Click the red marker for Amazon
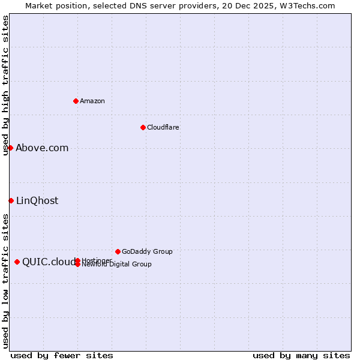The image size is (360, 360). (x=76, y=101)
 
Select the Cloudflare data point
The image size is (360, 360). (x=143, y=127)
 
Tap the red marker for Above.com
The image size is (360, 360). (x=10, y=148)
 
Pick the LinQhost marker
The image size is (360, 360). (x=11, y=200)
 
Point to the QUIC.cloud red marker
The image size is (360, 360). (x=17, y=262)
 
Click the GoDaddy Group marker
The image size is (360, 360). (x=118, y=251)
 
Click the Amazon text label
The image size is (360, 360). (x=92, y=101)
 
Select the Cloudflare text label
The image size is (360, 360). (x=163, y=127)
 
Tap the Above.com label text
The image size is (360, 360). (x=42, y=148)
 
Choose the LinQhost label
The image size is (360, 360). (x=37, y=201)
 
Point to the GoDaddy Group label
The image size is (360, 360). (x=147, y=251)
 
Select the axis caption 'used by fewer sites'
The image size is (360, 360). (x=62, y=355)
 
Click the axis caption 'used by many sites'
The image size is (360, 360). (x=301, y=355)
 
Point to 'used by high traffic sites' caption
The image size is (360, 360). (x=5, y=85)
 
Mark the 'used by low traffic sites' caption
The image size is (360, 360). (x=5, y=281)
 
